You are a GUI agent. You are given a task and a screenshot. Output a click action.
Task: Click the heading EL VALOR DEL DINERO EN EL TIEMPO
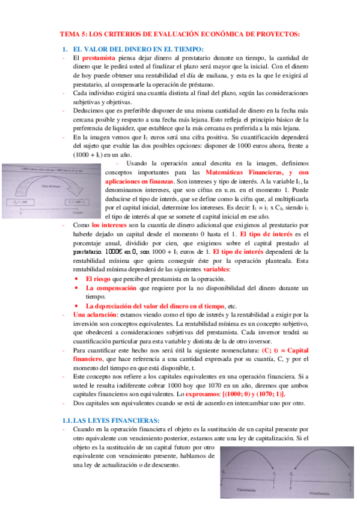(138, 49)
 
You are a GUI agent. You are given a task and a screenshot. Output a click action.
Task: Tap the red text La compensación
(111, 288)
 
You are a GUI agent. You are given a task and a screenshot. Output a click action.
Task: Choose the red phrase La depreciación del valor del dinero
(154, 305)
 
